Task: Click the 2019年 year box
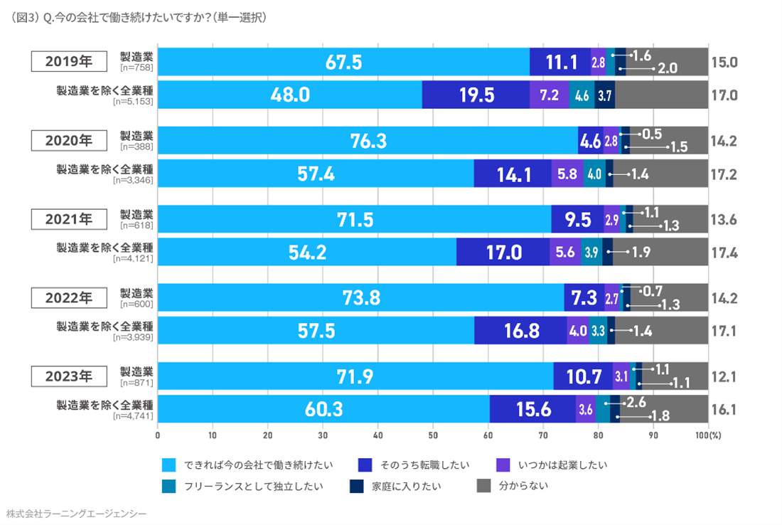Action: (x=69, y=61)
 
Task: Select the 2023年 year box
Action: (x=69, y=375)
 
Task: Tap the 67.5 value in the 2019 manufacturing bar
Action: (x=343, y=62)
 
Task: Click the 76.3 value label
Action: (x=368, y=141)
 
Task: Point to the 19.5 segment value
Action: (x=476, y=95)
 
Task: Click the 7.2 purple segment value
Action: (x=549, y=95)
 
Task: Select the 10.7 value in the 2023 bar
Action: (x=582, y=376)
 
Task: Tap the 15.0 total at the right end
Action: (x=724, y=62)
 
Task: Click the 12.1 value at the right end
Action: (x=724, y=376)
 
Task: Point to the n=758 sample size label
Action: (x=136, y=68)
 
